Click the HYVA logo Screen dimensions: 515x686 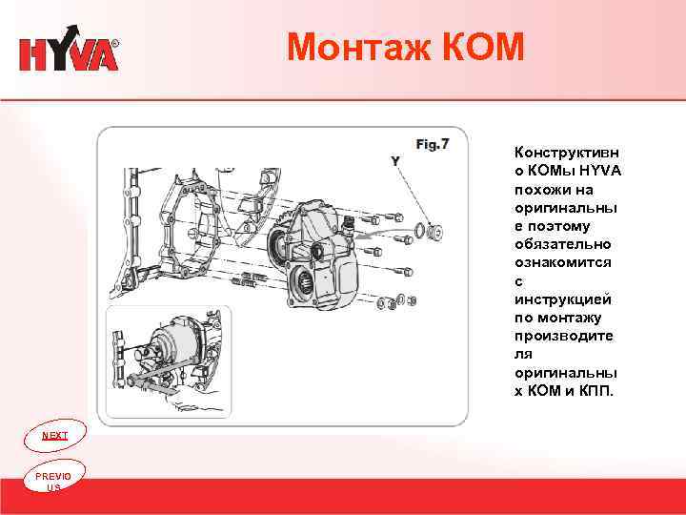click(x=69, y=53)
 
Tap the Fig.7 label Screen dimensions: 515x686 click(x=433, y=144)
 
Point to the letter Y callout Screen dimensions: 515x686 click(x=394, y=161)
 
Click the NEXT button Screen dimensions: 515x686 click(x=55, y=435)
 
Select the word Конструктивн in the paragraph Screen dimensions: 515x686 click(x=566, y=153)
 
